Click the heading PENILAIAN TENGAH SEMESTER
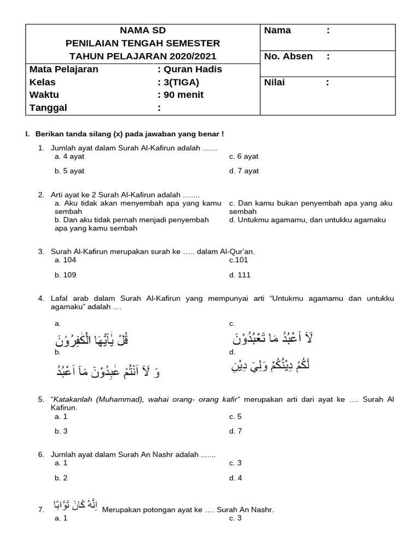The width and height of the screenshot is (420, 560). [x=143, y=43]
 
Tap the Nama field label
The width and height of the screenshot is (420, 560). [x=277, y=31]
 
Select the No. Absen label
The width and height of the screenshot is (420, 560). [x=288, y=56]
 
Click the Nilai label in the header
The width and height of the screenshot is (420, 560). [x=275, y=83]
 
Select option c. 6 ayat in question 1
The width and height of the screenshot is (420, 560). [x=244, y=156]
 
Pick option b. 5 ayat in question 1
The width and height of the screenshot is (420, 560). [x=69, y=171]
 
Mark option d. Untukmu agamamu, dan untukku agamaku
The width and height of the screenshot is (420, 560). [x=307, y=220]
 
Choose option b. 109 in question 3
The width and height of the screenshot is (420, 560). [x=65, y=275]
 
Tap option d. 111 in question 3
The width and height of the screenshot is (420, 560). [x=240, y=275]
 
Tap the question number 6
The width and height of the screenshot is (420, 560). [x=41, y=455]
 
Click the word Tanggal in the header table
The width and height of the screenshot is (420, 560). [x=48, y=108]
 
